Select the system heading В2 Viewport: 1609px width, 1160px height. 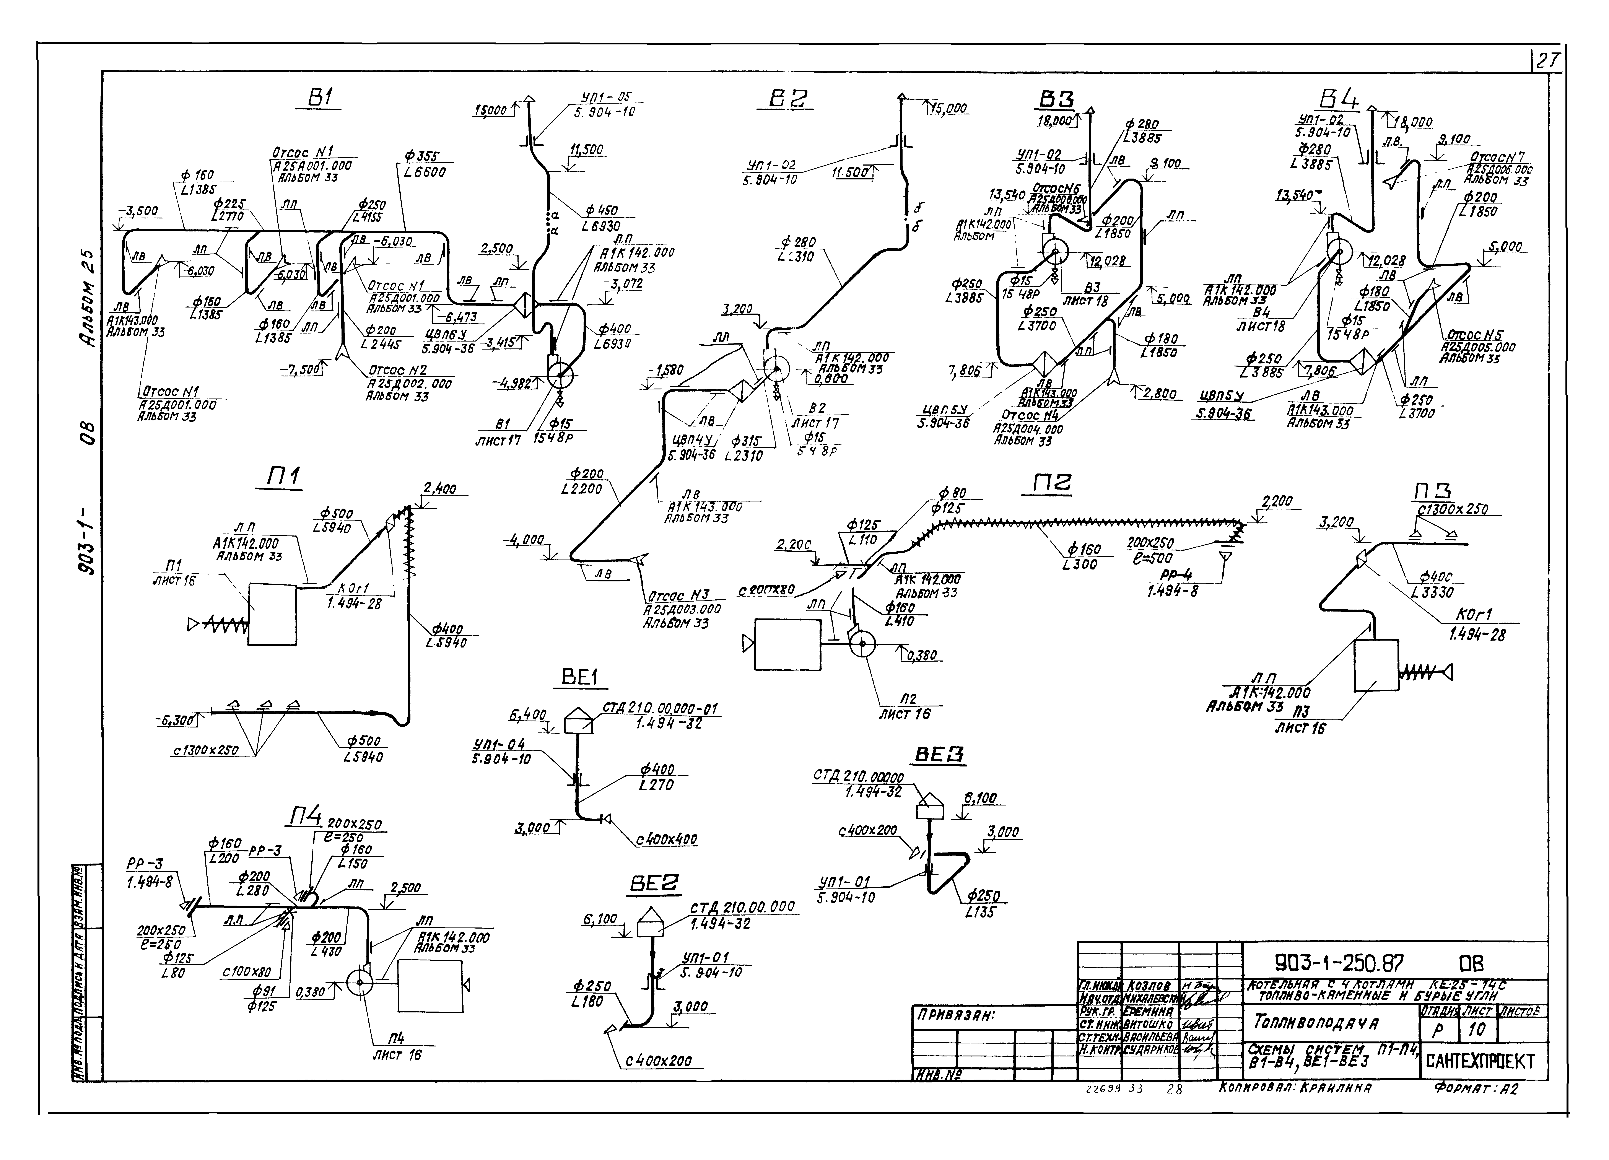click(x=790, y=100)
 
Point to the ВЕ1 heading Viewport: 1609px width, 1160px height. click(x=580, y=678)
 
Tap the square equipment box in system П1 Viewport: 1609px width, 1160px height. click(x=272, y=614)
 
